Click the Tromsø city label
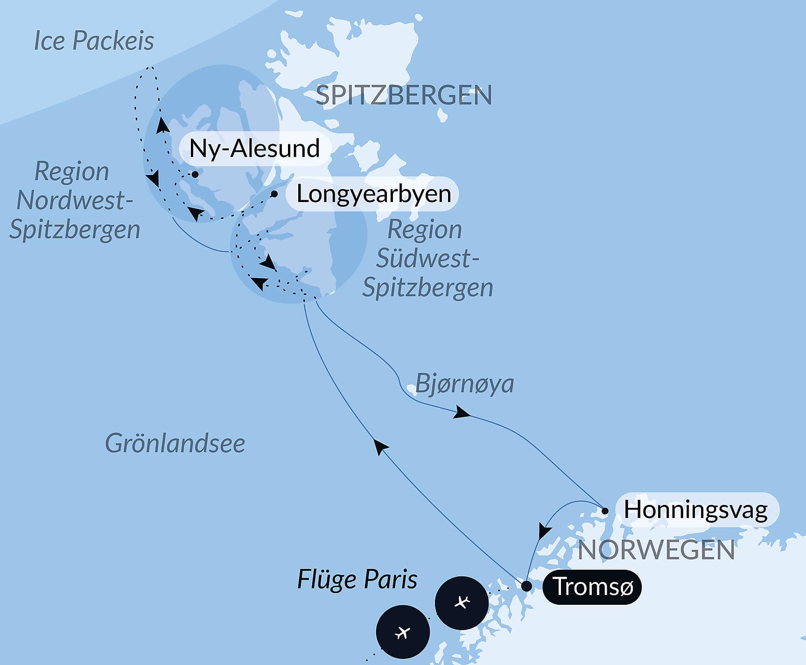pyautogui.click(x=592, y=587)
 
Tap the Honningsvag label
pyautogui.click(x=696, y=510)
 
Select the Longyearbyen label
pyautogui.click(x=374, y=194)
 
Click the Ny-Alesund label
pyautogui.click(x=254, y=149)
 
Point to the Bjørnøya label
pyautogui.click(x=464, y=384)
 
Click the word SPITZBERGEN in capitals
pyautogui.click(x=404, y=95)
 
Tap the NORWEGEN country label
pyautogui.click(x=656, y=550)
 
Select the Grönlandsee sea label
pyautogui.click(x=175, y=443)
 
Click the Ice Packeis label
pyautogui.click(x=94, y=41)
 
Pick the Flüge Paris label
pyautogui.click(x=357, y=580)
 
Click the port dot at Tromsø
pyautogui.click(x=526, y=586)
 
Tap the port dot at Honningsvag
pyautogui.click(x=605, y=511)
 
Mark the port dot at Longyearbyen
pyautogui.click(x=274, y=194)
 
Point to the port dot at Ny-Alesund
pyautogui.click(x=195, y=174)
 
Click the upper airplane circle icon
pyautogui.click(x=462, y=602)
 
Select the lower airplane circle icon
pyautogui.click(x=403, y=632)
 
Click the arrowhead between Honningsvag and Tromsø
pyautogui.click(x=544, y=531)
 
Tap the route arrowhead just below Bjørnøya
pyautogui.click(x=462, y=413)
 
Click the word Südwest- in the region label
pyautogui.click(x=428, y=259)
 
